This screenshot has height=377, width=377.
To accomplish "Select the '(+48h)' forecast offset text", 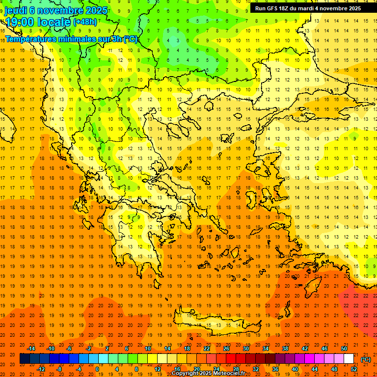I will pos(84,22).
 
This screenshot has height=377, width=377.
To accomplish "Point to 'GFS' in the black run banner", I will pos(272,8).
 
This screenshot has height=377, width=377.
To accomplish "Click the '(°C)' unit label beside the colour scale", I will pos(366,359).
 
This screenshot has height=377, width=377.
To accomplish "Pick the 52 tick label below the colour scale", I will pos(353,369).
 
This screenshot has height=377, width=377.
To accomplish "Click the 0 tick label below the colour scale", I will pos(98,369).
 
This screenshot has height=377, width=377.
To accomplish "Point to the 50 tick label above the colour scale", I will pos(344,349).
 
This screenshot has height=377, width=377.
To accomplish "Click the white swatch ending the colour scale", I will pos(349,359).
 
